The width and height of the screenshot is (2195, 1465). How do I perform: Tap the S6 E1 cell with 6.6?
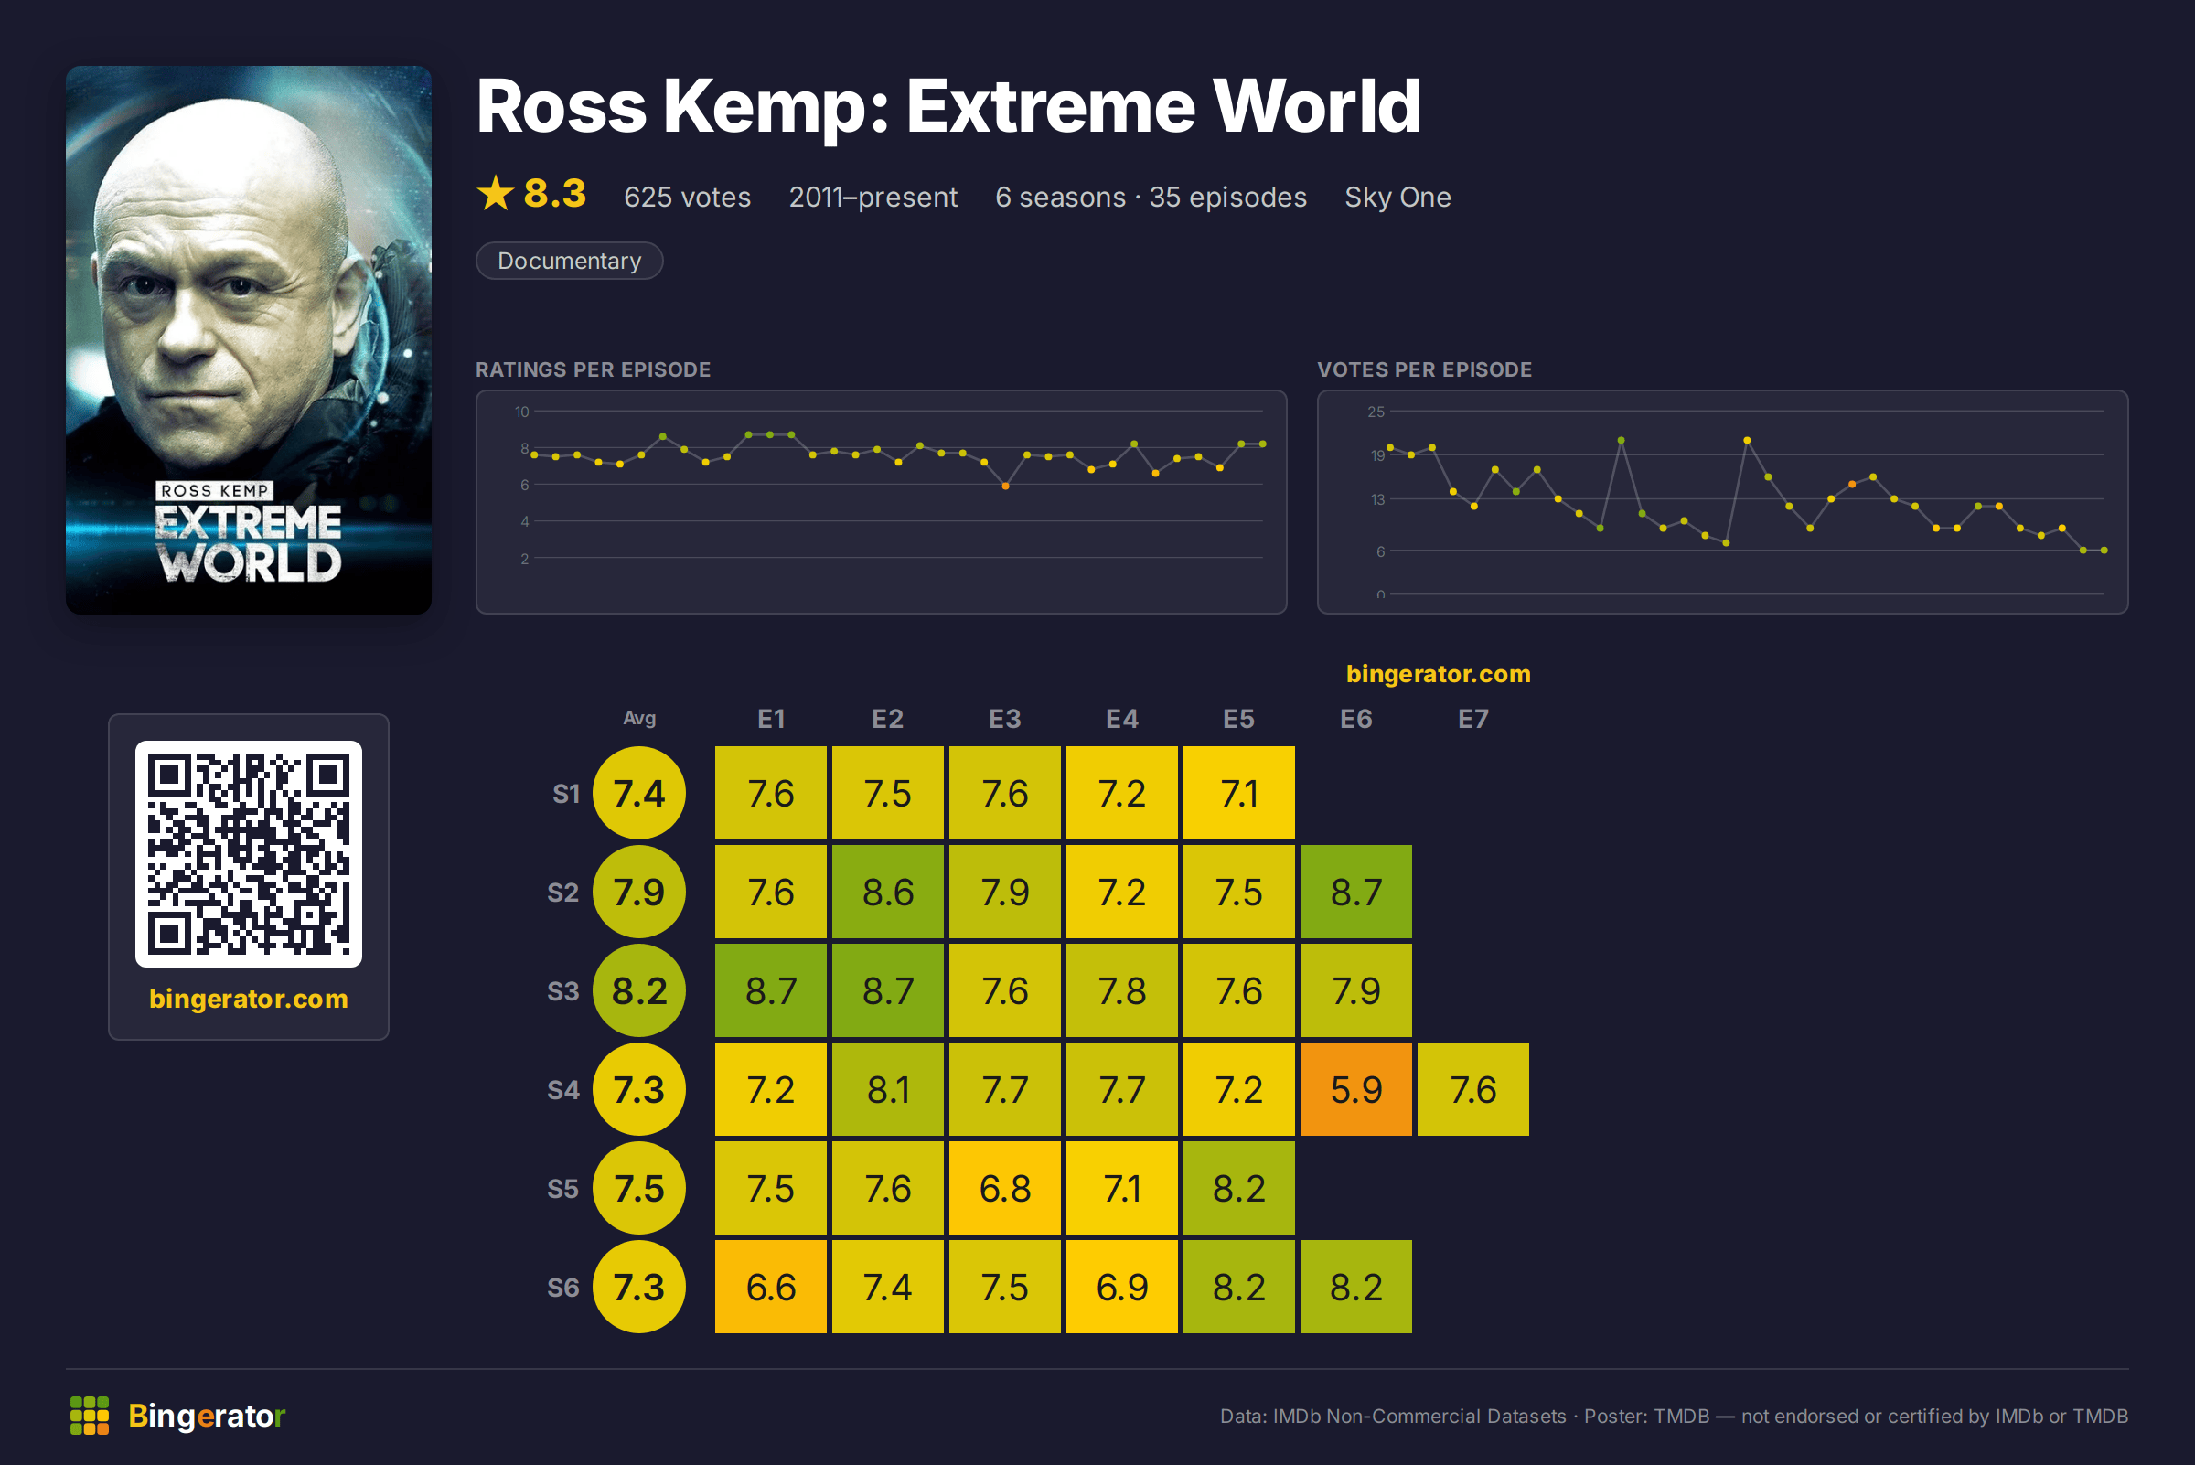(771, 1287)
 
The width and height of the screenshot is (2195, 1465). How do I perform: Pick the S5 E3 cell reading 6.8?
(1004, 1189)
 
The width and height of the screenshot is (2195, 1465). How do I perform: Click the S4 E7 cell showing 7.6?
(1472, 1089)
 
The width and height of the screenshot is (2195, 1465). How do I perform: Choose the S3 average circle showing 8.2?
(639, 990)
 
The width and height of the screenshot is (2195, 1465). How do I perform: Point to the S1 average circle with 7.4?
(639, 793)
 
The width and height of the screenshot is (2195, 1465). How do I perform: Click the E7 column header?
(1472, 719)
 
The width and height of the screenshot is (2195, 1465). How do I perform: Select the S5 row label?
(562, 1189)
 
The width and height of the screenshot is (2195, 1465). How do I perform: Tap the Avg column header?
(639, 718)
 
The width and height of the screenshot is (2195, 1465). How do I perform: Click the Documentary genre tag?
(569, 261)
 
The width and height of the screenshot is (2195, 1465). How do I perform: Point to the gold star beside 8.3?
(496, 193)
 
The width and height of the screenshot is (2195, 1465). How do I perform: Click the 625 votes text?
(687, 198)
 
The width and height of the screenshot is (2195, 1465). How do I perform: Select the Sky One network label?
(1397, 198)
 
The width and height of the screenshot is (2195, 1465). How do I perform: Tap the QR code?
(249, 854)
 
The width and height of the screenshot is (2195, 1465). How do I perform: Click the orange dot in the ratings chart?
(1005, 486)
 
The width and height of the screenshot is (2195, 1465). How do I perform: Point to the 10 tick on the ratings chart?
(521, 412)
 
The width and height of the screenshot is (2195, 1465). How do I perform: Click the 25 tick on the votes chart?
(1376, 412)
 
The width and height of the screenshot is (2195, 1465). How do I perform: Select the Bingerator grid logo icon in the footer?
(90, 1416)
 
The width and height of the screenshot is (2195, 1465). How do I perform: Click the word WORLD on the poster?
(250, 561)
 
